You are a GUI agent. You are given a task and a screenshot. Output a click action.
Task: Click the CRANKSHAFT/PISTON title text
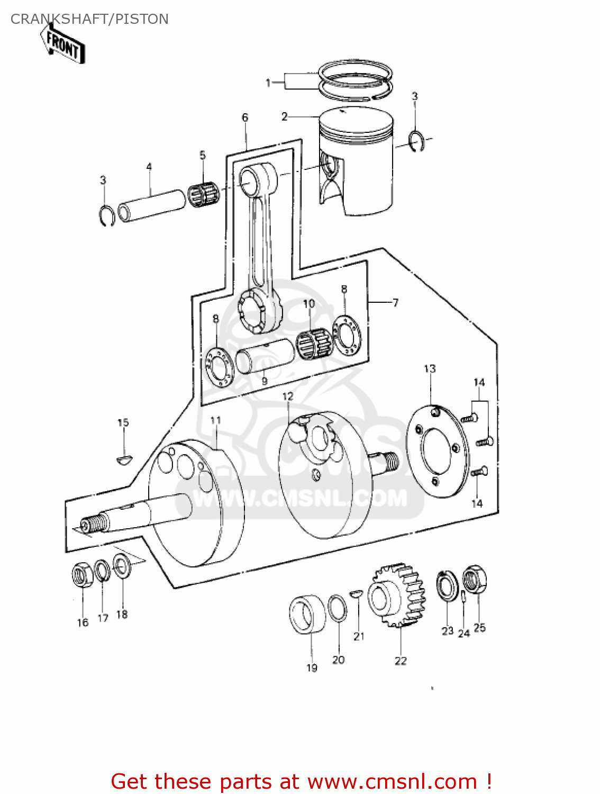coord(89,19)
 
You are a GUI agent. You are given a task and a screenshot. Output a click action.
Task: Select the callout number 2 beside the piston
coord(285,116)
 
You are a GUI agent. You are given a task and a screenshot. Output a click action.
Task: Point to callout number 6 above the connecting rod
coord(245,118)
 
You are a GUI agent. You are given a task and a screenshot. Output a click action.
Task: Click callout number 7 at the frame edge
coord(395,303)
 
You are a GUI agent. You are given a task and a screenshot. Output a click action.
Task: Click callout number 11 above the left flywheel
coord(215,421)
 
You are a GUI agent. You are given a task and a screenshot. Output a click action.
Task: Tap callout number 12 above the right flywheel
coord(287,396)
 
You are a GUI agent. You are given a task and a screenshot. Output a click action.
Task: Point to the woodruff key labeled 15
coord(125,459)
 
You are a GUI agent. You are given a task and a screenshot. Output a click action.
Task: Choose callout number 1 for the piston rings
coord(268,83)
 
